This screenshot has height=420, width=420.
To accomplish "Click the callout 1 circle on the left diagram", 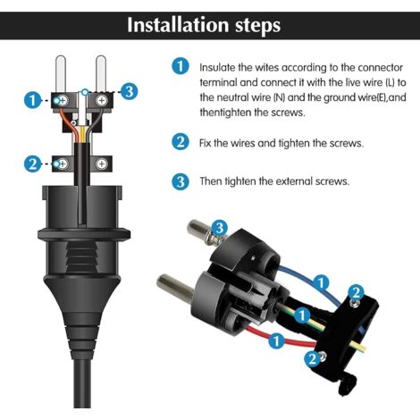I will (x=32, y=100).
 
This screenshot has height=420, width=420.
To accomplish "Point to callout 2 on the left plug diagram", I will (x=32, y=164).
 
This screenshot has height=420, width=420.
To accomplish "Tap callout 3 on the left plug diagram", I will (x=129, y=90).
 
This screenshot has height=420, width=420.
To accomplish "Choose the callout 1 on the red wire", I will (x=278, y=340).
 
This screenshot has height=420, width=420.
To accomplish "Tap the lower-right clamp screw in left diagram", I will (x=103, y=164).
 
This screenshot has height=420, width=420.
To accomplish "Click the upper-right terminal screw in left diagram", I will (x=103, y=100).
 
